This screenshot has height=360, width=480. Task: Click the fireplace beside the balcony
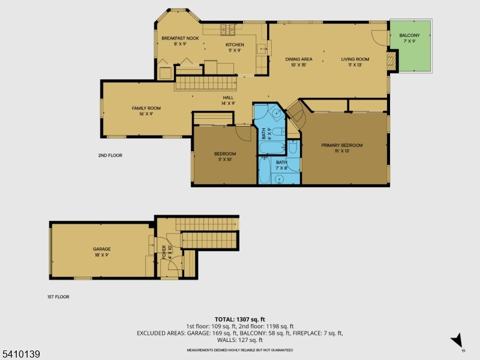coord(391,59)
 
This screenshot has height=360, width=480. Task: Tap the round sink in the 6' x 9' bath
coord(275,112)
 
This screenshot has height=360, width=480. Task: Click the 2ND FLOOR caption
coord(110,155)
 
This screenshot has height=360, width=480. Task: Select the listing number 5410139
coord(20,355)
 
